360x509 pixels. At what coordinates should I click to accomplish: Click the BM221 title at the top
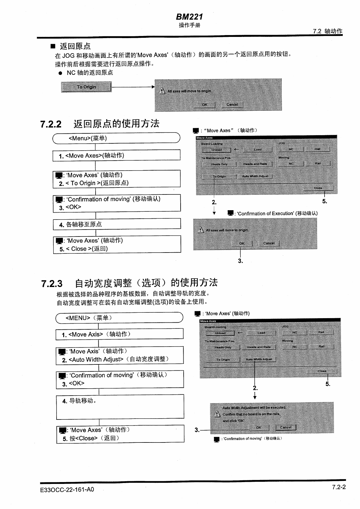tap(189, 17)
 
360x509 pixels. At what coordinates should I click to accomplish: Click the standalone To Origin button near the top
tap(86, 87)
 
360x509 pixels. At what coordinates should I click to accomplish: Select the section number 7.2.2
tap(51, 124)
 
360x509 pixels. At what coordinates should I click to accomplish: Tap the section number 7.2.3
tap(52, 284)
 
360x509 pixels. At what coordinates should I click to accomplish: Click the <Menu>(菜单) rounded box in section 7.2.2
tap(116, 138)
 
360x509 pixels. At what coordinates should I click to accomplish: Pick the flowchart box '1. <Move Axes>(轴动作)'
tap(116, 155)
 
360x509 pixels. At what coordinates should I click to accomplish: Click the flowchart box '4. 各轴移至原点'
tap(117, 224)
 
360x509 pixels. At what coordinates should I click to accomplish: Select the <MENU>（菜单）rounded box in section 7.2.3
tap(119, 318)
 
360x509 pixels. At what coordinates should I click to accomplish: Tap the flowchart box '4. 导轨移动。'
tap(120, 406)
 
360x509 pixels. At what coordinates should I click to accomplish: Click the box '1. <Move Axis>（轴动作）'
tap(119, 334)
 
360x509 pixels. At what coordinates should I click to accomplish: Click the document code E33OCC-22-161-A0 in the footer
tap(67, 489)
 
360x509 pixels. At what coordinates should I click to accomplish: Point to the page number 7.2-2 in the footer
tap(339, 487)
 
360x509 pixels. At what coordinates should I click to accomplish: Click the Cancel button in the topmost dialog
tap(232, 105)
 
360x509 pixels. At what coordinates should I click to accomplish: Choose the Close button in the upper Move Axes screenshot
tap(318, 188)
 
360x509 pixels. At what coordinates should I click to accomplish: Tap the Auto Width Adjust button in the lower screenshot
tap(259, 359)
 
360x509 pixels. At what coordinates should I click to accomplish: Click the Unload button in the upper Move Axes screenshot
tap(217, 150)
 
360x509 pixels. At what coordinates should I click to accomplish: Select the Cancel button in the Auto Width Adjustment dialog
tap(286, 427)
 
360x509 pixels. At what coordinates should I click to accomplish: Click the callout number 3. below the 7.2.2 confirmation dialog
tap(241, 261)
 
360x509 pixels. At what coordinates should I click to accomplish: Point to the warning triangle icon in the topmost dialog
tap(162, 91)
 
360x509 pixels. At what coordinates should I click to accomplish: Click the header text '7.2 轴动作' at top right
tap(328, 31)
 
